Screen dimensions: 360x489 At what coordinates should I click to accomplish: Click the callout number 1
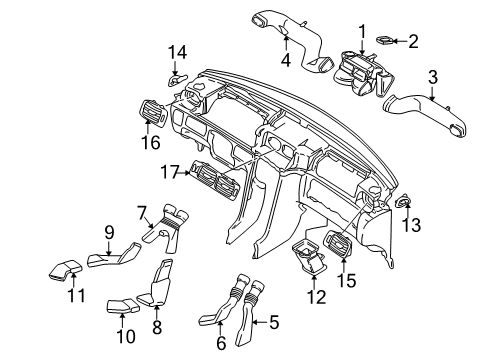[x=362, y=30]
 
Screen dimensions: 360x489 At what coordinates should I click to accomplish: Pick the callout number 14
[x=176, y=52]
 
